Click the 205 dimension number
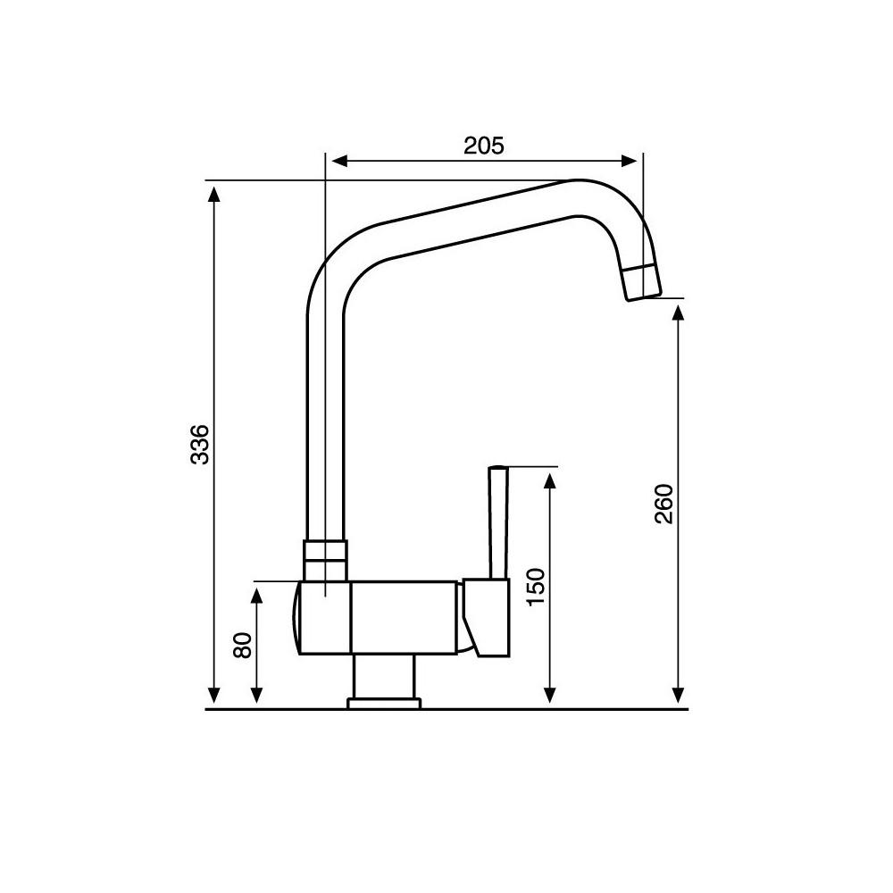click(x=484, y=145)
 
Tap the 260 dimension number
click(x=663, y=504)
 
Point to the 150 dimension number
click(x=535, y=586)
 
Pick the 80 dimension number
click(x=242, y=646)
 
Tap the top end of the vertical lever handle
click(x=498, y=469)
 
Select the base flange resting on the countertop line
click(x=383, y=704)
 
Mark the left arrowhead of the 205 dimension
click(x=338, y=161)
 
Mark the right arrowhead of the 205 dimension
click(x=631, y=161)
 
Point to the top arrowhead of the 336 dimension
click(x=213, y=191)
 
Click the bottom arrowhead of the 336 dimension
click(x=213, y=696)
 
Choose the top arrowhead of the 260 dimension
click(x=678, y=313)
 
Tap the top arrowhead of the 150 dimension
click(x=550, y=480)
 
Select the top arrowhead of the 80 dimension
click(x=258, y=595)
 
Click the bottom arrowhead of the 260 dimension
click(x=678, y=696)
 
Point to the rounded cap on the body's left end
click(x=296, y=618)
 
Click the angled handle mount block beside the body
click(x=485, y=616)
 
